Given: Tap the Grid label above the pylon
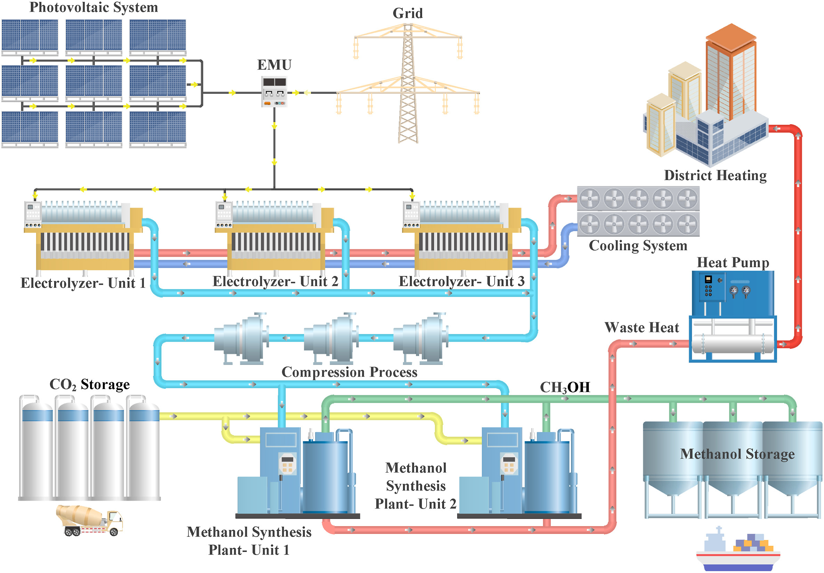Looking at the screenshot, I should coord(408,13).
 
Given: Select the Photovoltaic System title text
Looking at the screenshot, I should coord(94,7).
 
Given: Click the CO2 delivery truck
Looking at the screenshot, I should coord(89,520).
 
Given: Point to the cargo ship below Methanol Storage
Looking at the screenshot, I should coord(738,550).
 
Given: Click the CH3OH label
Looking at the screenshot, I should coord(565,387).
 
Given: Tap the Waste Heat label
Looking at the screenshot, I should coord(642,327).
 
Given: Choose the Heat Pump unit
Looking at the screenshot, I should coord(733,316).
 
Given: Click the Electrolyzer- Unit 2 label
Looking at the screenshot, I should coord(275,282).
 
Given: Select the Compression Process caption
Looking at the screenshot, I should coord(349,372).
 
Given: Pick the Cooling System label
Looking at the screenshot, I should coord(638,246).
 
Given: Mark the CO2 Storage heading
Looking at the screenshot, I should coord(89,384).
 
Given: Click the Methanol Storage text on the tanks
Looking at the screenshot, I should coord(737,454).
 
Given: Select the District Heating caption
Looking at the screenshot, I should coord(715,175).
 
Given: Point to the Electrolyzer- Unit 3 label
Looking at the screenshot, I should coord(461,282).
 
